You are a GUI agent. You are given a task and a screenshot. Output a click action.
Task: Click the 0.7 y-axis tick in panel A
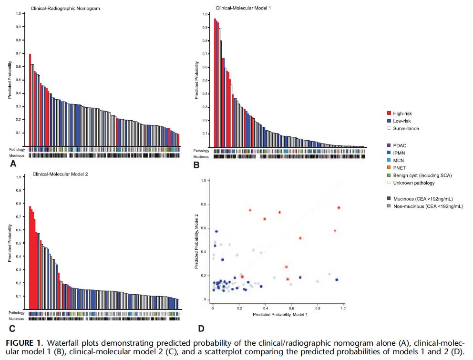coord(18,53)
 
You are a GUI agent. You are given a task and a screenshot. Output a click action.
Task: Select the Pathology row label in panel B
coord(201,151)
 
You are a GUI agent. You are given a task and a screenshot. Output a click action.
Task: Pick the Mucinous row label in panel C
coord(16,319)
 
